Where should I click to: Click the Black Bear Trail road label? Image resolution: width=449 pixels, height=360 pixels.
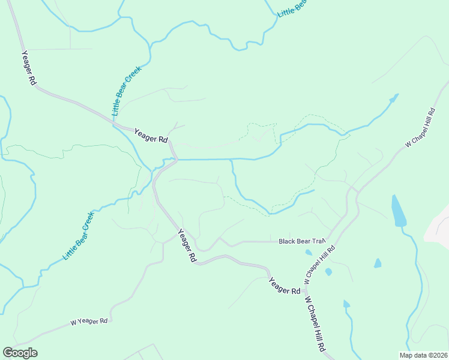[301, 241]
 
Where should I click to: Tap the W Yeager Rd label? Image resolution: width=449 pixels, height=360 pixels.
[89, 322]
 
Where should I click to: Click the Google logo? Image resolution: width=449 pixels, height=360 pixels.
[20, 353]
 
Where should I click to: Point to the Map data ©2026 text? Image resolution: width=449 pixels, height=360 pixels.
[423, 355]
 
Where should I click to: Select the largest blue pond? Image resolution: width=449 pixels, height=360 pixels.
[399, 211]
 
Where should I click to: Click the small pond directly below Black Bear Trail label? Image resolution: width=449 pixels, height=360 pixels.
[309, 253]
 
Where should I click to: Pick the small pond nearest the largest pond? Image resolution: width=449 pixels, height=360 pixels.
[378, 263]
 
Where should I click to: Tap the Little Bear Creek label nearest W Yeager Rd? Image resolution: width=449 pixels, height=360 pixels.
[78, 236]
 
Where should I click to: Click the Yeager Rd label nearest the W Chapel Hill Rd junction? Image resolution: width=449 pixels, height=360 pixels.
[284, 286]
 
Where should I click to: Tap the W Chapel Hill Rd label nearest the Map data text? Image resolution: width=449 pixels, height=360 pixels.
[315, 324]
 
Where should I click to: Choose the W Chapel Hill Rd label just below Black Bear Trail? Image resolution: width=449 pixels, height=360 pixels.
[319, 265]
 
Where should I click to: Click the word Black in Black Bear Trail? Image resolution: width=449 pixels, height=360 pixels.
[286, 241]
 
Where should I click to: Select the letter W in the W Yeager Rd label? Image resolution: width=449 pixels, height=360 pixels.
[73, 323]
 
